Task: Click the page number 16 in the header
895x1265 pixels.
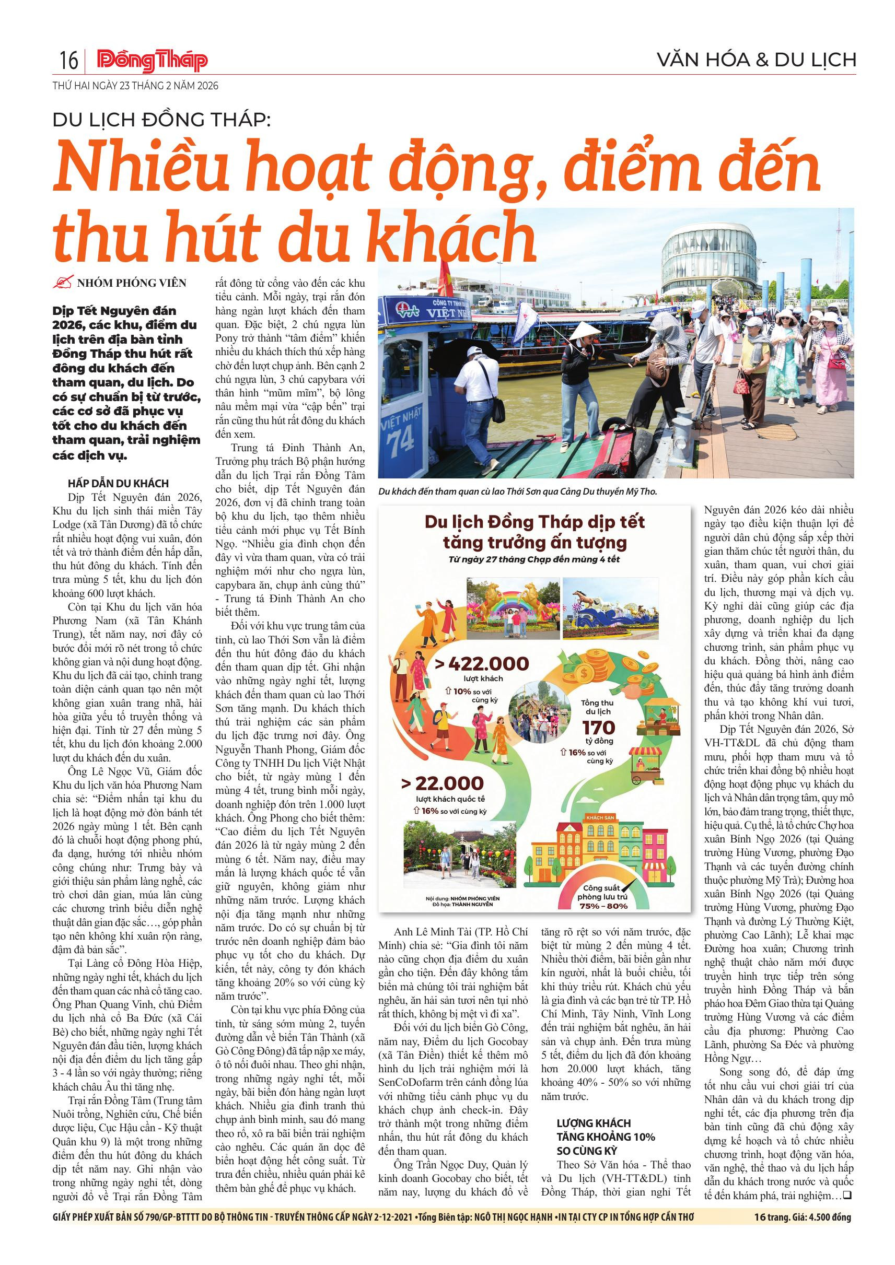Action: click(x=68, y=61)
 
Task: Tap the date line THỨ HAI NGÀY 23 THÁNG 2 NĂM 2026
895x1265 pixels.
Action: click(x=135, y=86)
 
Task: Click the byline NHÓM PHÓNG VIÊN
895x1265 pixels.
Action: click(x=131, y=283)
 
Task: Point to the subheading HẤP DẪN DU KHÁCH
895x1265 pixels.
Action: click(x=118, y=483)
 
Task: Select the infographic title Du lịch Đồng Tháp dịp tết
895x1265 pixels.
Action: click(x=534, y=522)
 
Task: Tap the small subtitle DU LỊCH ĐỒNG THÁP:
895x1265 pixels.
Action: click(x=162, y=121)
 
